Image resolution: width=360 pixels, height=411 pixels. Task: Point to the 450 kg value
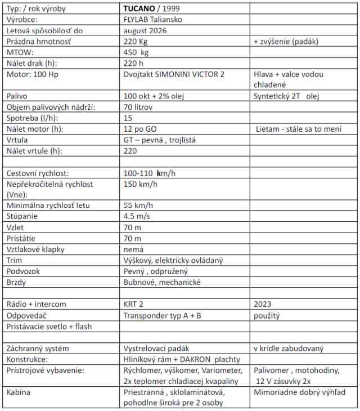click(x=136, y=52)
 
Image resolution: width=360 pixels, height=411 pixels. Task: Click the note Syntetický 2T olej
click(x=286, y=96)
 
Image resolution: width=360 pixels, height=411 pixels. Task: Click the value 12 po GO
click(x=140, y=128)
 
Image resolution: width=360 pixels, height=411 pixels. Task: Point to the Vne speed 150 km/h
click(x=141, y=184)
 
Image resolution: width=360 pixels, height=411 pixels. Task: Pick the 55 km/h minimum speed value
click(x=138, y=205)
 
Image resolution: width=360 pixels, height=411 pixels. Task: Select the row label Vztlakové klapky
click(x=35, y=249)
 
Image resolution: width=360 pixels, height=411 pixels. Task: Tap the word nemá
click(x=133, y=249)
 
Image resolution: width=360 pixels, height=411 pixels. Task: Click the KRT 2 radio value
click(x=133, y=304)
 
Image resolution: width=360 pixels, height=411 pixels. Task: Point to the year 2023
click(x=263, y=304)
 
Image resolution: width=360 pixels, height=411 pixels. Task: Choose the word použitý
click(x=267, y=315)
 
